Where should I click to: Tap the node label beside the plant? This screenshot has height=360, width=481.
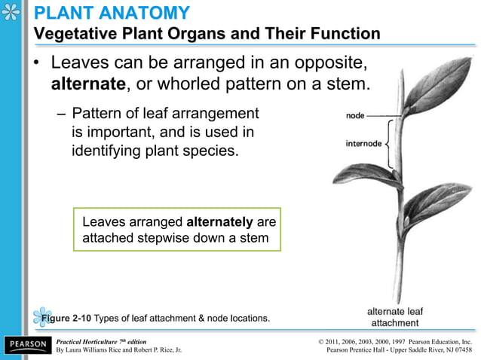click(x=357, y=116)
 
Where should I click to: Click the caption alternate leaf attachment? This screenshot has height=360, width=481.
click(x=395, y=316)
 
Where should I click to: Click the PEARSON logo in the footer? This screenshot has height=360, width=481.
click(x=27, y=345)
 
